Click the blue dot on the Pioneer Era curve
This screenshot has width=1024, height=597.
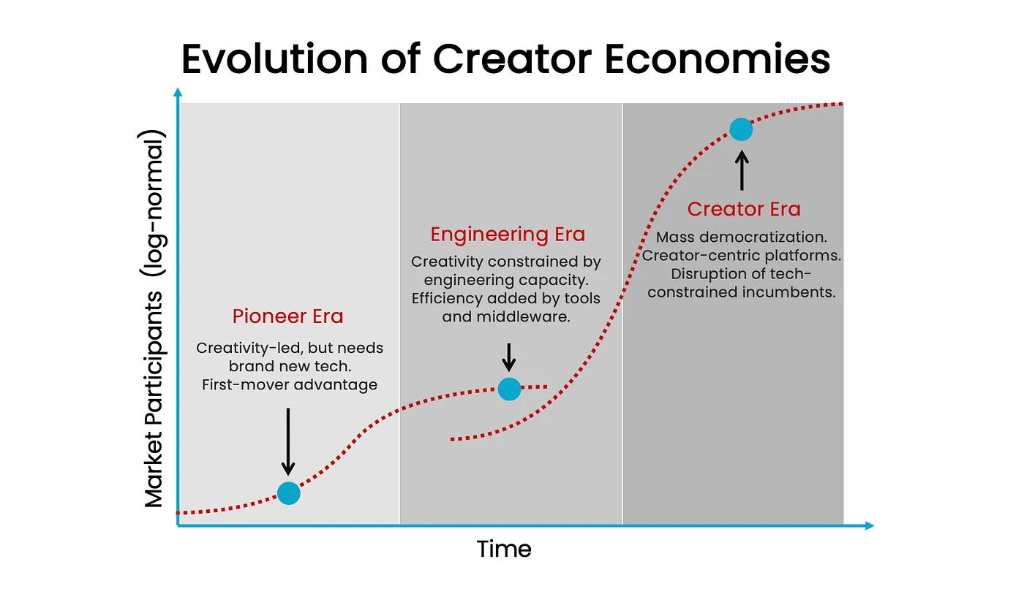pos(288,493)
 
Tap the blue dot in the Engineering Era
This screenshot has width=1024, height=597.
pos(509,389)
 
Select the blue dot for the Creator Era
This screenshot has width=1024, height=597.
pos(741,129)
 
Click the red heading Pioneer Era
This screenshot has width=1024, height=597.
pos(287,316)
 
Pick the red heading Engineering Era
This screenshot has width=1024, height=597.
pos(508,235)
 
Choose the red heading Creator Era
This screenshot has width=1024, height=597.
pos(744,209)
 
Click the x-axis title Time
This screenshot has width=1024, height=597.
pos(504,549)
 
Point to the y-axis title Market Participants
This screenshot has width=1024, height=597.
pos(153,400)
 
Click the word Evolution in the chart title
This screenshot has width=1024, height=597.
pos(275,59)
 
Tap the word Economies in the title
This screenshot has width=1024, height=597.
pos(718,59)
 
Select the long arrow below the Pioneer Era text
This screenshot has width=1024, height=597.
pos(288,441)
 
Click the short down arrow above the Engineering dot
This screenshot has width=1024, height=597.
pos(509,357)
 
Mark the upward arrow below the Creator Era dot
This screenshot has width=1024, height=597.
pos(742,171)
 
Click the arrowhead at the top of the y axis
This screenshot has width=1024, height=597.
pos(178,92)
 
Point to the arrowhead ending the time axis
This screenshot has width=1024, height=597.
pos(870,525)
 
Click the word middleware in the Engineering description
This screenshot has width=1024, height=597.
pos(524,316)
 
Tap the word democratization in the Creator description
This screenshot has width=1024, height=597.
pos(764,237)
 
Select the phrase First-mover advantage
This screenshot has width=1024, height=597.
pos(290,384)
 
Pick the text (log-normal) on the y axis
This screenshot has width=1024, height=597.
pos(153,203)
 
